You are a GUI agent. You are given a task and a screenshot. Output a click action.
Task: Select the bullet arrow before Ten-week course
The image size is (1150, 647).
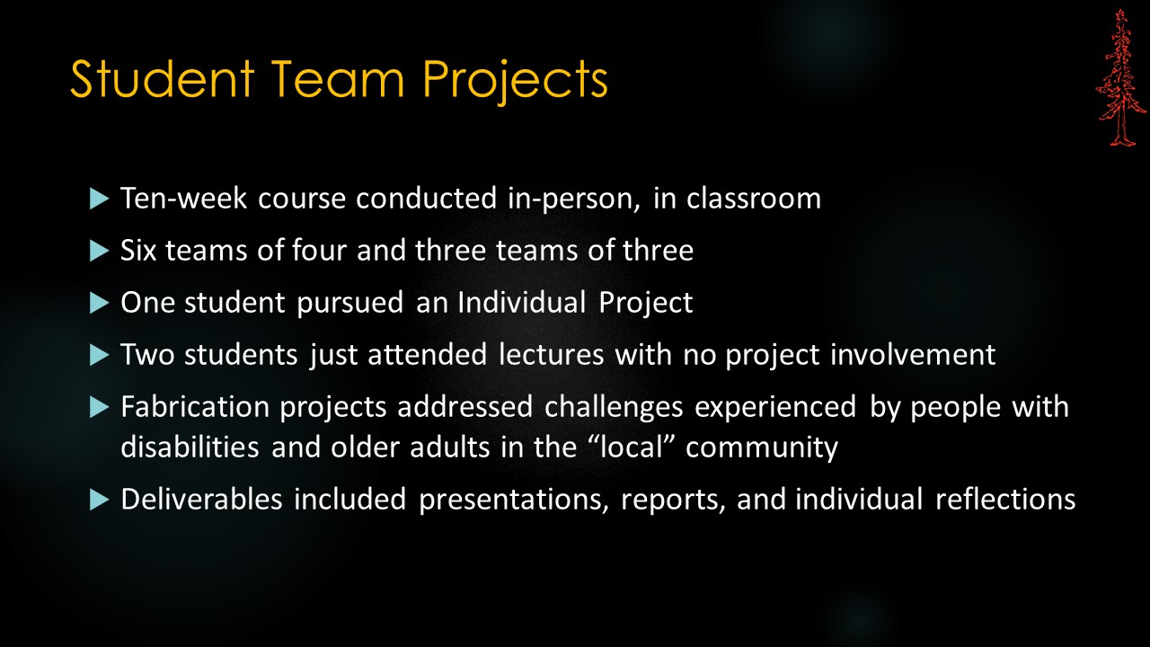tap(99, 198)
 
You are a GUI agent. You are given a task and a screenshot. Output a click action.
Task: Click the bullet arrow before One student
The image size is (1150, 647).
tap(99, 303)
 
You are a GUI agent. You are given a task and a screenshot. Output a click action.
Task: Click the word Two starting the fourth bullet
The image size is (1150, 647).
tap(147, 355)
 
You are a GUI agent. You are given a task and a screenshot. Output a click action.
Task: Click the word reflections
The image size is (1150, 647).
tap(1005, 500)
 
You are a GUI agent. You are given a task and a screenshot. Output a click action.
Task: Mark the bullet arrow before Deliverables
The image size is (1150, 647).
tap(99, 501)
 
